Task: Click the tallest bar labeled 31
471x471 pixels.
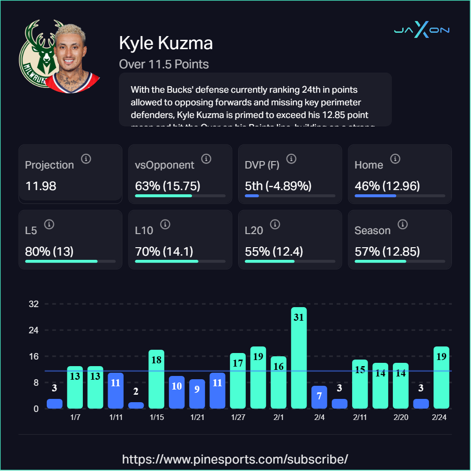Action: [299, 358]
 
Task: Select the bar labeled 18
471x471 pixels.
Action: [156, 379]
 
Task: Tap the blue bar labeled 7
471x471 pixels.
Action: [319, 397]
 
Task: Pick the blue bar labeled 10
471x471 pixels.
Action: [177, 392]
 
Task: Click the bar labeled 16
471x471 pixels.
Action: [279, 382]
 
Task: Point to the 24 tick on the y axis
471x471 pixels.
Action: [33, 330]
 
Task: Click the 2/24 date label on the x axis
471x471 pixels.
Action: [439, 418]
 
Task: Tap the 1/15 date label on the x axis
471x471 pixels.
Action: [156, 418]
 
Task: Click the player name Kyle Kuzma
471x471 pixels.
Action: [166, 43]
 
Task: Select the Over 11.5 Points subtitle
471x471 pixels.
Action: [164, 64]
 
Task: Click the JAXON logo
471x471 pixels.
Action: [421, 30]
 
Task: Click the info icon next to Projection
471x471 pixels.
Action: [86, 159]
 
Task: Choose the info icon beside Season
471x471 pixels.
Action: [402, 224]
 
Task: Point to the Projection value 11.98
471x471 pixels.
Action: [41, 186]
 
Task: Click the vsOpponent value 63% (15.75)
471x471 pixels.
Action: [168, 186]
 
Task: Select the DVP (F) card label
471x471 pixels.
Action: [263, 165]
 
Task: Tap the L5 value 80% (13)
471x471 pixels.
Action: [49, 251]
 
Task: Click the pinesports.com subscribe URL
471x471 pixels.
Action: [235, 458]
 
